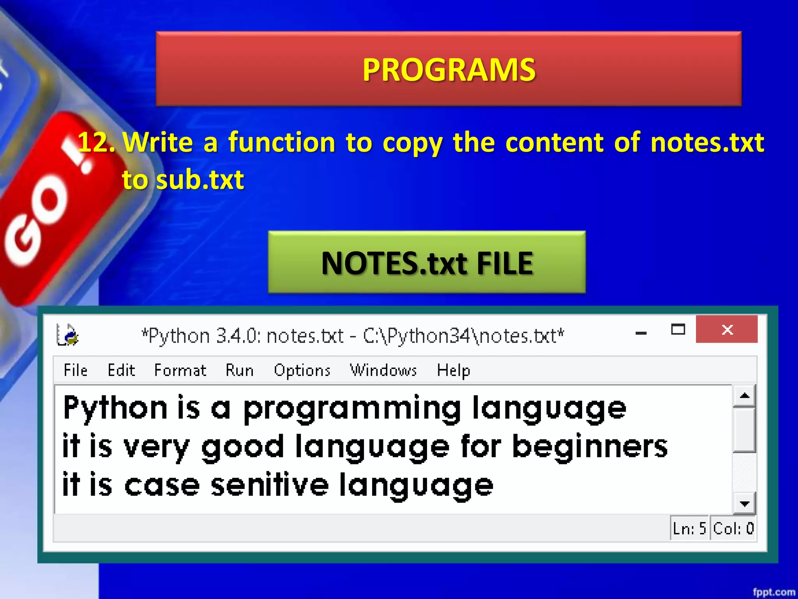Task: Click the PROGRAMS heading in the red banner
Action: [x=449, y=69]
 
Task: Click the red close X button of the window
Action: [x=727, y=330]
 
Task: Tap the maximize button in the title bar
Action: [x=678, y=330]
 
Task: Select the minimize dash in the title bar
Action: [x=641, y=333]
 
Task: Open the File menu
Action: [x=76, y=370]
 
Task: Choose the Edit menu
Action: [x=121, y=370]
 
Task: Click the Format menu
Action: [x=180, y=370]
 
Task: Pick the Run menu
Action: [x=239, y=370]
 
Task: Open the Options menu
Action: [x=302, y=370]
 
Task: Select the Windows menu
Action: [x=383, y=370]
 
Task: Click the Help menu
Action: [x=453, y=370]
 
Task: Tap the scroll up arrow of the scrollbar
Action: [x=745, y=396]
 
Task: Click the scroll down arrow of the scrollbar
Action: [x=745, y=503]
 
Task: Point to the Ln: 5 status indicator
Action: [x=689, y=528]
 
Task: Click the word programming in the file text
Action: [x=352, y=409]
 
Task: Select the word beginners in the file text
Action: [x=590, y=447]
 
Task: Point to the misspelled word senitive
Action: [x=270, y=485]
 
